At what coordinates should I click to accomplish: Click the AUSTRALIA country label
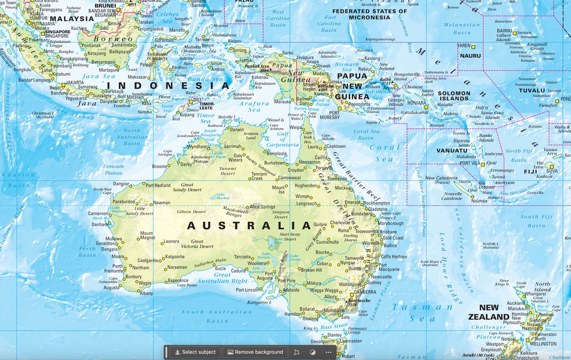tap(249, 226)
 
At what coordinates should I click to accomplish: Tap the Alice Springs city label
tap(262, 207)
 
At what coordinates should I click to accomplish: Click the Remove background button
tap(255, 352)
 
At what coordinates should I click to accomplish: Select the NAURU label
tap(470, 56)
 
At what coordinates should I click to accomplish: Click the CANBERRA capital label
tap(365, 291)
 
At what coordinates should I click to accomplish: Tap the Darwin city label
tap(236, 129)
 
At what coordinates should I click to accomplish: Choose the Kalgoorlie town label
tap(172, 257)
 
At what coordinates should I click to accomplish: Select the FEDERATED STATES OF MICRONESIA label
tap(369, 14)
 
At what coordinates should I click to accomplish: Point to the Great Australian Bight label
tap(230, 278)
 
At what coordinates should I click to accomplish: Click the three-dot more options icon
tap(328, 352)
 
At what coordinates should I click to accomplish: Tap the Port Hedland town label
tap(158, 185)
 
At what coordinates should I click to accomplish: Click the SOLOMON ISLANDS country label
tap(453, 96)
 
